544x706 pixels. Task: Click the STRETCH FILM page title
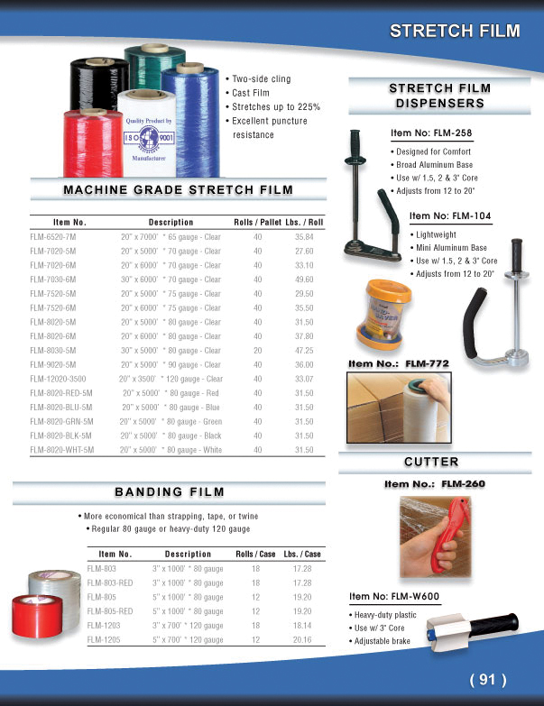click(455, 31)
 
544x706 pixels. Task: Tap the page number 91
click(488, 679)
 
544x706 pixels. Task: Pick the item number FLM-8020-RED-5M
click(60, 392)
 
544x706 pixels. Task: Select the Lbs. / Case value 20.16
click(302, 639)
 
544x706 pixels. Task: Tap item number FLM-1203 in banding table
click(102, 625)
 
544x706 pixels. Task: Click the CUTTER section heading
click(430, 462)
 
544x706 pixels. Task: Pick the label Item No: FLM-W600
click(393, 597)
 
